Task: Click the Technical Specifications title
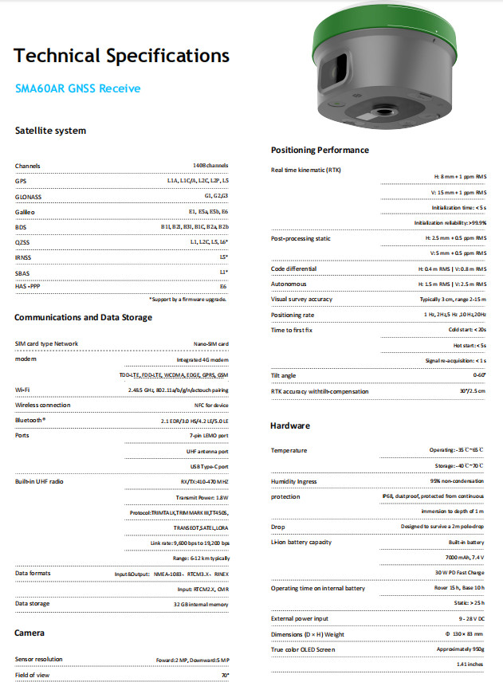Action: (122, 56)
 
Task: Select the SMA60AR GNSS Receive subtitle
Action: (77, 88)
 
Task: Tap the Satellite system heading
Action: (50, 130)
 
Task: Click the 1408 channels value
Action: (210, 166)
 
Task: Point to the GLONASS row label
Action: (29, 195)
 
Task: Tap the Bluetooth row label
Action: (30, 420)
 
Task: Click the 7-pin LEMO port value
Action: (209, 436)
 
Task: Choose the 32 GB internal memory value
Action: (201, 603)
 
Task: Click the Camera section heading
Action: (29, 633)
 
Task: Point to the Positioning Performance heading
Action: (320, 150)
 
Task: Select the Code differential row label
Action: (293, 268)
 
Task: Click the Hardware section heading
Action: (289, 425)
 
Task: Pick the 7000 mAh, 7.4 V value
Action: (466, 558)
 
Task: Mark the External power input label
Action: (300, 618)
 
